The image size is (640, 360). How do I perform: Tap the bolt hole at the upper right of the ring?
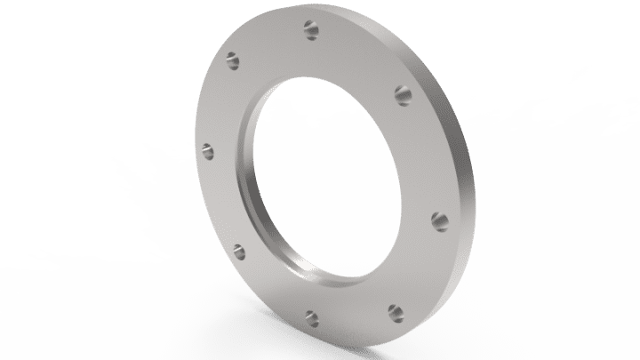[x=402, y=92]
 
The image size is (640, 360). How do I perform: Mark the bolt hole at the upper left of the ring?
[x=234, y=63]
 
